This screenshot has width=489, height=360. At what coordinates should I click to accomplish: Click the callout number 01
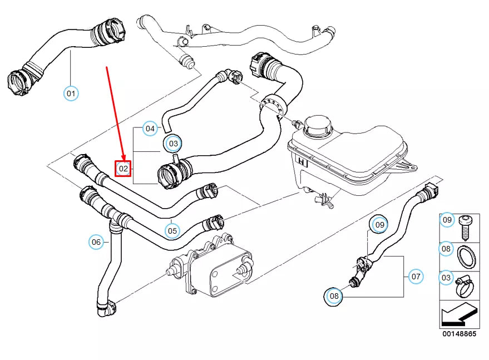[71, 93]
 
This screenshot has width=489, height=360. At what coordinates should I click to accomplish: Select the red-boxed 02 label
[124, 168]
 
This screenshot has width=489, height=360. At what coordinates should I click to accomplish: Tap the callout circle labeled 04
[150, 129]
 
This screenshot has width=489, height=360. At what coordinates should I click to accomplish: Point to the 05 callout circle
[172, 230]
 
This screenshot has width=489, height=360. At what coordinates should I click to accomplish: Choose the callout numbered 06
[96, 242]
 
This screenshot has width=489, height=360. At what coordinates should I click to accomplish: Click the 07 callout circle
[416, 276]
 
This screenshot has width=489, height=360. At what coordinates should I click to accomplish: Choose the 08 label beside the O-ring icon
[446, 249]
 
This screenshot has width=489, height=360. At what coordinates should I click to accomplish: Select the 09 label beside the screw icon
[447, 220]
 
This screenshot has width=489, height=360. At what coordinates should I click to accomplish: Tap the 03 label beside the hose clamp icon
[446, 277]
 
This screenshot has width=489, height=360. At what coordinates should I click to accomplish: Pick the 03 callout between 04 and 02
[174, 144]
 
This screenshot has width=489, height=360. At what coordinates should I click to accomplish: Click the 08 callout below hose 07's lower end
[334, 297]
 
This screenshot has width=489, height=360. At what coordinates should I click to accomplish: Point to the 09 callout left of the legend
[379, 225]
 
